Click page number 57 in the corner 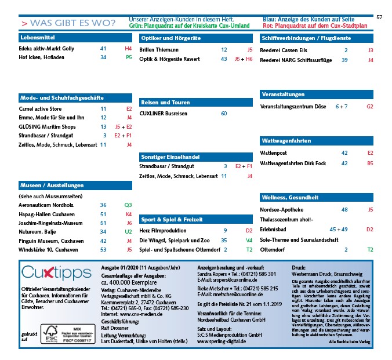379,17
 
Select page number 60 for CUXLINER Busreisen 224,113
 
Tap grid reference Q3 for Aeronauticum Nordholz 128,205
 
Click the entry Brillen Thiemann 159,50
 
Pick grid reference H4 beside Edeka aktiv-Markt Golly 128,49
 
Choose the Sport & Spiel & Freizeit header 172,220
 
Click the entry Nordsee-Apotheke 282,209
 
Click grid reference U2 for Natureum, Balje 128,231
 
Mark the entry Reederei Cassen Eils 285,50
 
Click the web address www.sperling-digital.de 222,341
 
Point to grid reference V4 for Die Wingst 249,240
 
